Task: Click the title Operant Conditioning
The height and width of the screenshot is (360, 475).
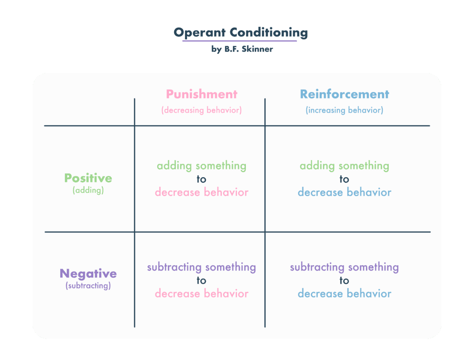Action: [x=240, y=32]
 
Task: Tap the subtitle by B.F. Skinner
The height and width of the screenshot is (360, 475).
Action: [x=242, y=49]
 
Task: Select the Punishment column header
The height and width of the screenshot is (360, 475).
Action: [x=202, y=94]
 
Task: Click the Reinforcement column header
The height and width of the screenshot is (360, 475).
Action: [x=344, y=94]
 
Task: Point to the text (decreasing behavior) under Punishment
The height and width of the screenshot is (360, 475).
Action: [x=202, y=110]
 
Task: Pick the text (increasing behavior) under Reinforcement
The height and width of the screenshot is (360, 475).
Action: [x=344, y=110]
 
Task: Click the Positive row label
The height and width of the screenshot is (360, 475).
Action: [x=88, y=178]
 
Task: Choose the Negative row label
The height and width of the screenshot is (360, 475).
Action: [x=88, y=274]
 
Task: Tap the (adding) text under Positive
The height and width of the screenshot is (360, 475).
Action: [x=88, y=190]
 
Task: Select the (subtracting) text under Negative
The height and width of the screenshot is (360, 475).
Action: [x=88, y=286]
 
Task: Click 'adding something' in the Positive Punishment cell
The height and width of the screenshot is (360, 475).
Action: [x=201, y=166]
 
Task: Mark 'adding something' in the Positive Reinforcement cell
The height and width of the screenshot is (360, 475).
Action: [x=344, y=166]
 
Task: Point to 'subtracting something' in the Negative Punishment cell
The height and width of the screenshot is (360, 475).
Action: [x=201, y=267]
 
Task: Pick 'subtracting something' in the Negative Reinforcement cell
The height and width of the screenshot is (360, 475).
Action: [x=344, y=267]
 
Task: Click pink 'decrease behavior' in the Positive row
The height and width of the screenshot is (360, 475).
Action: [x=201, y=192]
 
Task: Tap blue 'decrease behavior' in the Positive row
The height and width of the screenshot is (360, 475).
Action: [x=344, y=192]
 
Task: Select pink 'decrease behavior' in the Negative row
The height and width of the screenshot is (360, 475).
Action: [x=201, y=294]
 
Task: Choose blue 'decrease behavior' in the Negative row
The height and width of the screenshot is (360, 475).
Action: [x=344, y=294]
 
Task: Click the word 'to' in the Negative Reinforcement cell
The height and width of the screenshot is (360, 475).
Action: [x=344, y=280]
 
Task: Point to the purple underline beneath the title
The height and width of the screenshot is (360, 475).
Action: [x=239, y=41]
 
